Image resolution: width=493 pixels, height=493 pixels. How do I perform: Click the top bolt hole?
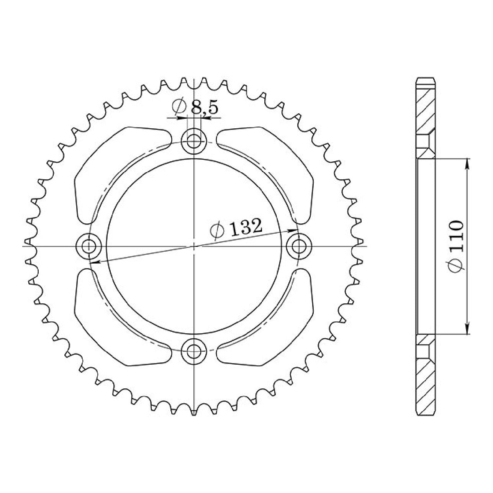tap(194, 141)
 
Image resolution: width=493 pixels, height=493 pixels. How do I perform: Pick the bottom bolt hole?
tap(194, 352)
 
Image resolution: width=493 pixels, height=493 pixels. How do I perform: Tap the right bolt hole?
tap(299, 246)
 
